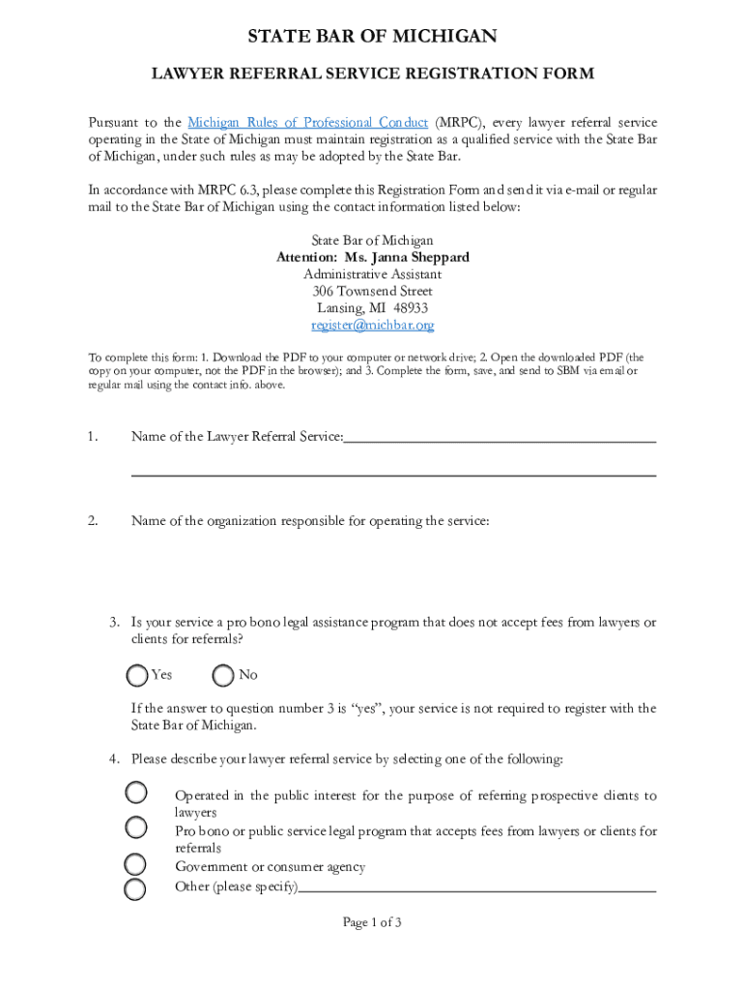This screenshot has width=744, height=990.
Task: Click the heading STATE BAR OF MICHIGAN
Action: (x=372, y=37)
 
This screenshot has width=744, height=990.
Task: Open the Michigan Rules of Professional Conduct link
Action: (x=307, y=123)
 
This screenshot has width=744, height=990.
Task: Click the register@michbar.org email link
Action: (x=372, y=326)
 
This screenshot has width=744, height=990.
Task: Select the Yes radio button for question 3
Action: (x=138, y=674)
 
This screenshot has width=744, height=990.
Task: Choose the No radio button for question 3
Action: (x=223, y=674)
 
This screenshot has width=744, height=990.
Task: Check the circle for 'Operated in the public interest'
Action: (x=136, y=794)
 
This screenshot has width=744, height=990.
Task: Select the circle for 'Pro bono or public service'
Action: (x=136, y=828)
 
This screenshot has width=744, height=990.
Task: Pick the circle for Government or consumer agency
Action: (x=136, y=863)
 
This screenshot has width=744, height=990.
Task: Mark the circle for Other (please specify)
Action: (x=136, y=888)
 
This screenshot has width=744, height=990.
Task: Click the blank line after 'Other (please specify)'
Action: (x=477, y=888)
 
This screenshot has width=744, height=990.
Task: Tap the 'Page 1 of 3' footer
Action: (x=372, y=922)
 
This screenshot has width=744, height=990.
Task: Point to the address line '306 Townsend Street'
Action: (x=372, y=291)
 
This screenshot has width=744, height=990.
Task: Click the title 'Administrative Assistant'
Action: (x=372, y=275)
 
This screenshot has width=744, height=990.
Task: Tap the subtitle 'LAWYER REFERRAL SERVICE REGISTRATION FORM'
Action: (x=372, y=73)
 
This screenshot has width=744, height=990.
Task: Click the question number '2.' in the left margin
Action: (x=93, y=522)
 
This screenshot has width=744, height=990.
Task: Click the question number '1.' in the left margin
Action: (x=93, y=438)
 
